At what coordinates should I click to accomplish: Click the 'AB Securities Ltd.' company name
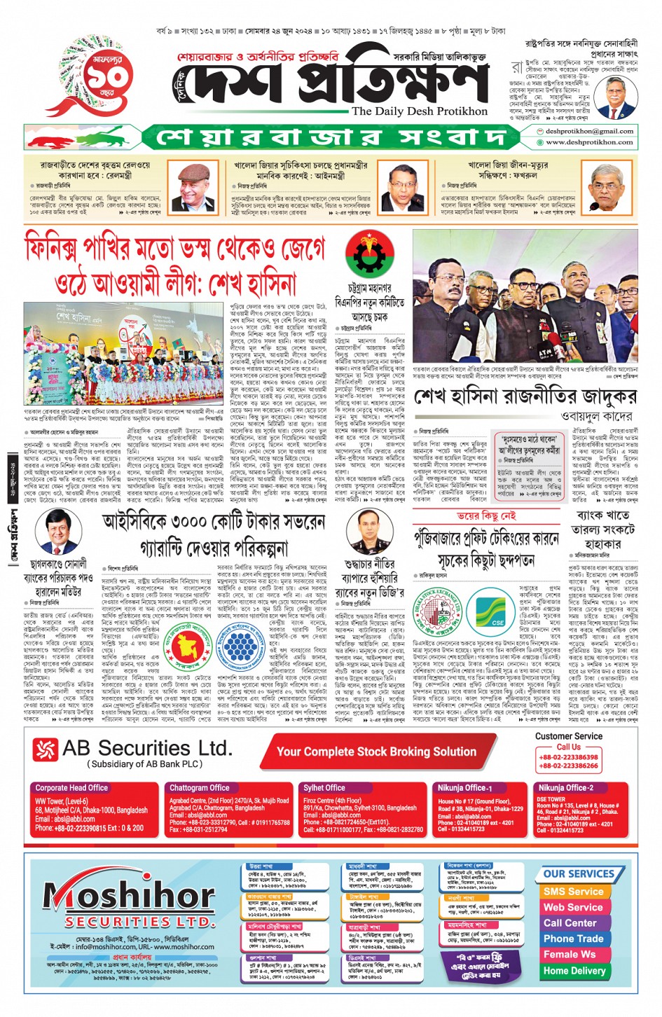coord(146,749)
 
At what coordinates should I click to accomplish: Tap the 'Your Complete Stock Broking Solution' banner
coord(376,752)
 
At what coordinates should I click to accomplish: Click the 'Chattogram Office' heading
coord(200,788)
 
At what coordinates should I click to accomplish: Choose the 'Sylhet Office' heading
coord(324,788)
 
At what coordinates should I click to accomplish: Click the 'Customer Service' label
coord(568,736)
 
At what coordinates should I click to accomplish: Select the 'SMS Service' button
coord(573,892)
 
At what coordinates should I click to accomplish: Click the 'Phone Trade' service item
coord(573,939)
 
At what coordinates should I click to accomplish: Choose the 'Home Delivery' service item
coord(574,971)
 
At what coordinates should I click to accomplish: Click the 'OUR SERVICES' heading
coord(579,873)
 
